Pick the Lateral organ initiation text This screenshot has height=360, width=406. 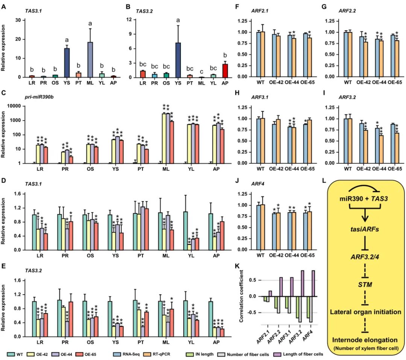(x=364, y=312)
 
